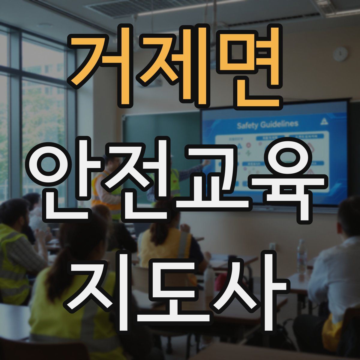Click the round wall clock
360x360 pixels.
pyautogui.click(x=340, y=54)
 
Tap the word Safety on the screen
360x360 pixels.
pyautogui.click(x=247, y=125)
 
